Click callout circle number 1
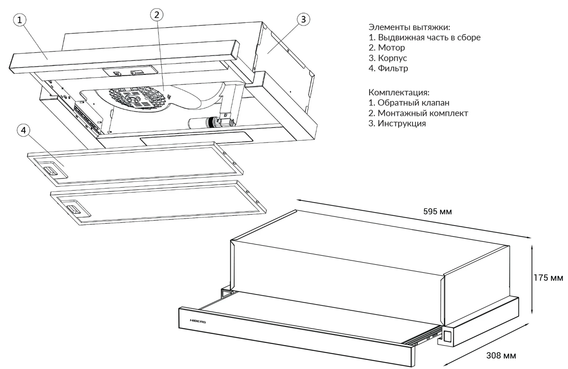point(20,20)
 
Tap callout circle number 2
point(156,15)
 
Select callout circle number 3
point(303,19)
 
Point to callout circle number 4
point(24,131)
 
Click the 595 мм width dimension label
point(437,212)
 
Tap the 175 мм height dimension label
point(548,278)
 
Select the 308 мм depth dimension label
point(501,356)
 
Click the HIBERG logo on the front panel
point(198,321)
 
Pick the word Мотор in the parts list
point(392,48)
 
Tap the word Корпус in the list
point(393,58)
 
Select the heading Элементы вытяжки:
point(409,27)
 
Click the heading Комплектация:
point(399,92)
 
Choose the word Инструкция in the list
point(402,123)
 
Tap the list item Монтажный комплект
point(423,113)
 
